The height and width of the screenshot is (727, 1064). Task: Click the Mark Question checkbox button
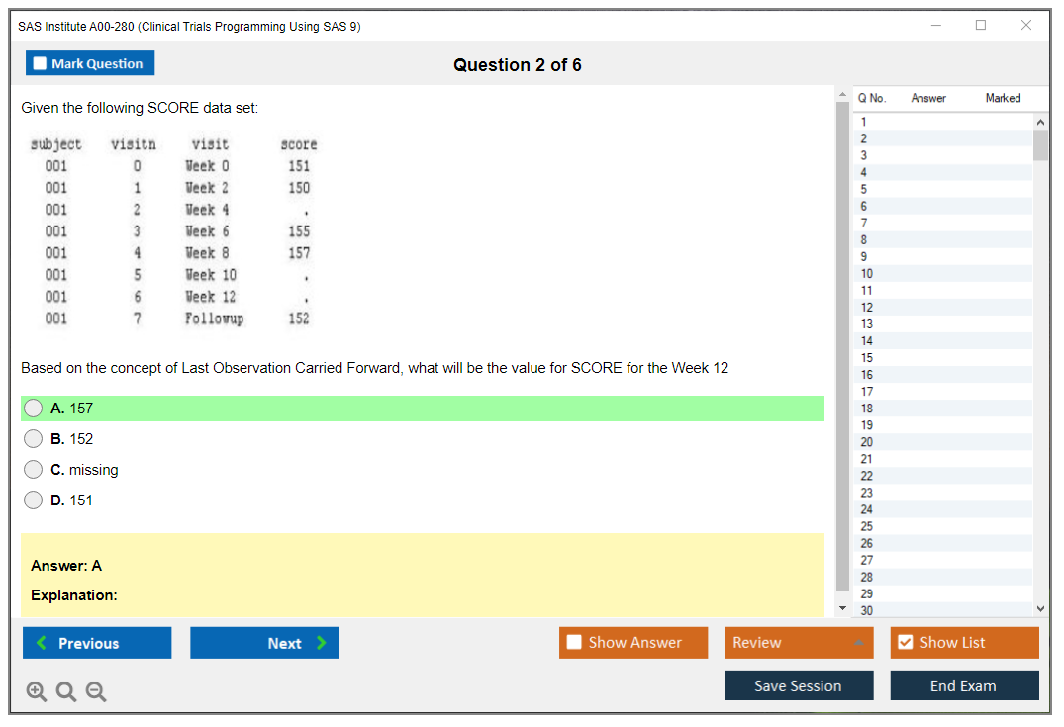click(x=90, y=63)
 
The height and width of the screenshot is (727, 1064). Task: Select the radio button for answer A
click(x=34, y=409)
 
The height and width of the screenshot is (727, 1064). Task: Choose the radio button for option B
click(x=34, y=439)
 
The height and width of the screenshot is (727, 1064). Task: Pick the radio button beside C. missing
click(x=34, y=469)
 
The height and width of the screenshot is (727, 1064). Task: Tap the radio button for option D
click(x=34, y=500)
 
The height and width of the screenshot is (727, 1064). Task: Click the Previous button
click(x=97, y=643)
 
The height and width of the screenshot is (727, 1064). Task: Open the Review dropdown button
click(x=799, y=642)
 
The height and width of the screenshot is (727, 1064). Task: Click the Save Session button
click(x=799, y=685)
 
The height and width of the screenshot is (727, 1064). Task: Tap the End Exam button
click(x=964, y=685)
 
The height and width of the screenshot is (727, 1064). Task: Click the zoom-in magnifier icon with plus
click(x=36, y=691)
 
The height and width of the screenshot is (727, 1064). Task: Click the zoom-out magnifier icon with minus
click(x=96, y=691)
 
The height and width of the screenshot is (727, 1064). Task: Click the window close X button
click(x=1026, y=25)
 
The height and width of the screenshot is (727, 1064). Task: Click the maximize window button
click(x=981, y=25)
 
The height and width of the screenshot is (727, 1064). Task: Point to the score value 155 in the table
click(x=299, y=231)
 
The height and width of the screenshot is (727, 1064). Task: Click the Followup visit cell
click(x=215, y=318)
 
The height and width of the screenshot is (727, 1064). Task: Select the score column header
click(x=299, y=144)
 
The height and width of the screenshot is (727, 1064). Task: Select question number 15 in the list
click(x=866, y=358)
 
